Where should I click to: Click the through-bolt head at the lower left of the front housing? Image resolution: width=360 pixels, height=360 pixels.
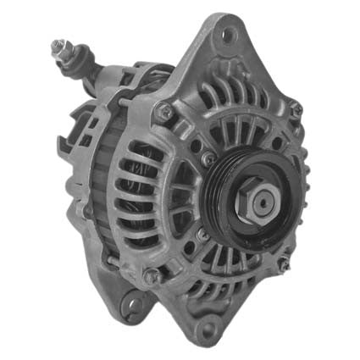coord(151,275)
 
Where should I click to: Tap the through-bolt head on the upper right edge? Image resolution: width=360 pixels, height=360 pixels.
coord(295,108)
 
